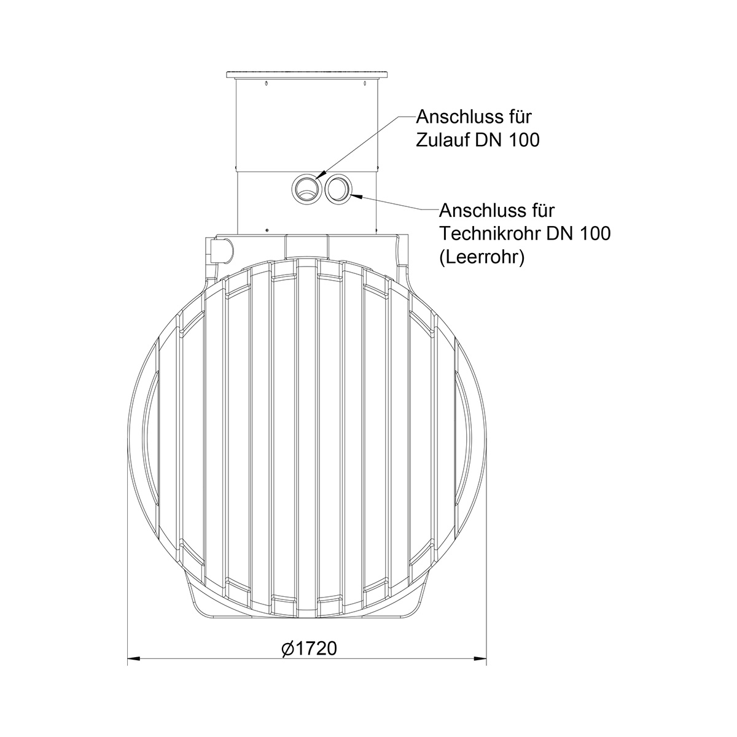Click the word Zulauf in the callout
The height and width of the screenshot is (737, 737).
coord(443,141)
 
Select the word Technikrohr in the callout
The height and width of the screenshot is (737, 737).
coord(489,233)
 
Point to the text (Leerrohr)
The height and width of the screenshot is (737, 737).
coord(482,257)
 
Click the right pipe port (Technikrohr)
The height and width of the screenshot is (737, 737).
coord(337,189)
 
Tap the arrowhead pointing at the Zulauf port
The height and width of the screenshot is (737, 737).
coord(321,175)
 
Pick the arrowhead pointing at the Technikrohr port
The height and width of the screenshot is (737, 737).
coord(356,197)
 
